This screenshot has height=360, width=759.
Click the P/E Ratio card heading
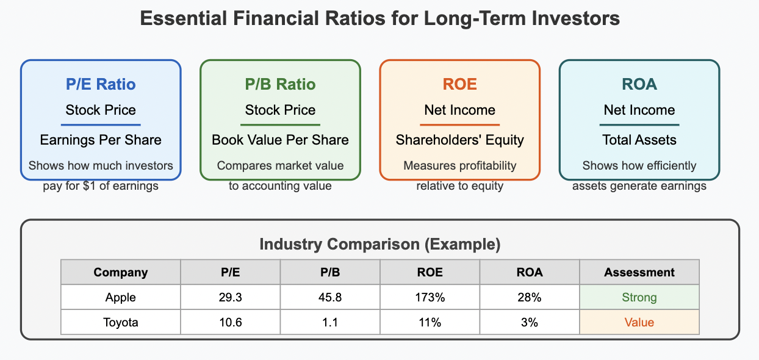click(x=101, y=84)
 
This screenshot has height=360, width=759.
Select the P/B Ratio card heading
click(x=280, y=84)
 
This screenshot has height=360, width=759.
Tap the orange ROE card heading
click(x=459, y=84)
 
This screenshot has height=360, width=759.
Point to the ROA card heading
click(x=639, y=84)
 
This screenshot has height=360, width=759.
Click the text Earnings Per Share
click(x=101, y=140)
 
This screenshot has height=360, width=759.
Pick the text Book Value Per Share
click(x=280, y=140)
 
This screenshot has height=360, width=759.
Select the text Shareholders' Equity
click(x=459, y=140)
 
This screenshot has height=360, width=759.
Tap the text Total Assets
click(x=639, y=140)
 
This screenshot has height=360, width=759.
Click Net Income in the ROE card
click(x=459, y=110)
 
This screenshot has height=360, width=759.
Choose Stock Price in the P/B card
click(x=280, y=110)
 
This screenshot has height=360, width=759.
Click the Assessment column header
click(x=639, y=272)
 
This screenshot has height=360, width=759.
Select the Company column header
click(x=121, y=272)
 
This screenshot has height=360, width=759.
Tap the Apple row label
click(x=121, y=298)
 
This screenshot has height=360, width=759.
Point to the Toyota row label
click(x=121, y=322)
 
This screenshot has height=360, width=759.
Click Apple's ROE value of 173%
click(x=430, y=298)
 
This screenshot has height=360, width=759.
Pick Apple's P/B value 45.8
click(x=330, y=298)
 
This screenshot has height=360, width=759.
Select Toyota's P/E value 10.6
click(x=231, y=322)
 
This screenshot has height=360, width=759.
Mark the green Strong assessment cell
click(x=639, y=298)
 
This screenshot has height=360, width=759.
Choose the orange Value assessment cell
click(x=639, y=322)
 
